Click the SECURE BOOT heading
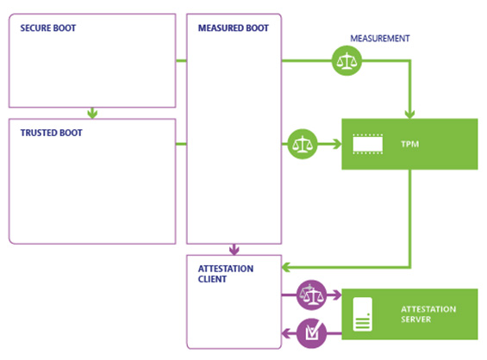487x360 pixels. click(x=47, y=28)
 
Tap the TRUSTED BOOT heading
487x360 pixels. click(x=51, y=133)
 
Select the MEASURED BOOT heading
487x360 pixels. click(x=234, y=28)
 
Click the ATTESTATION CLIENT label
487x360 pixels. click(x=226, y=274)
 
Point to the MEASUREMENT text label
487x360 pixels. click(x=380, y=39)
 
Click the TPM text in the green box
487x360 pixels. click(x=409, y=144)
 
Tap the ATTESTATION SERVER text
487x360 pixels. click(x=428, y=314)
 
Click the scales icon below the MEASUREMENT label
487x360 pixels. click(x=347, y=61)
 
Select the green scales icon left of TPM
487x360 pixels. click(x=303, y=144)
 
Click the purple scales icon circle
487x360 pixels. click(x=311, y=295)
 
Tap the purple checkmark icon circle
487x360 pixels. click(x=311, y=333)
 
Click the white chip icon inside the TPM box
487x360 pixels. click(x=368, y=144)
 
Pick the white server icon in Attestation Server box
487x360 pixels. click(x=363, y=314)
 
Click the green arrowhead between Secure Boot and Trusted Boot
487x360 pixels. click(x=92, y=114)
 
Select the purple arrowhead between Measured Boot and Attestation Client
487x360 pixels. click(x=234, y=250)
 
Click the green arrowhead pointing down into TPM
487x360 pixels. click(x=410, y=114)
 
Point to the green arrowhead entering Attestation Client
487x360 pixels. click(x=286, y=267)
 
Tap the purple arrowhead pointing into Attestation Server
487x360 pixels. click(x=337, y=295)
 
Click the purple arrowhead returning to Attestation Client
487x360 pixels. click(x=286, y=333)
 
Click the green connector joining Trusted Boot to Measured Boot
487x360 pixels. click(x=181, y=144)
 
